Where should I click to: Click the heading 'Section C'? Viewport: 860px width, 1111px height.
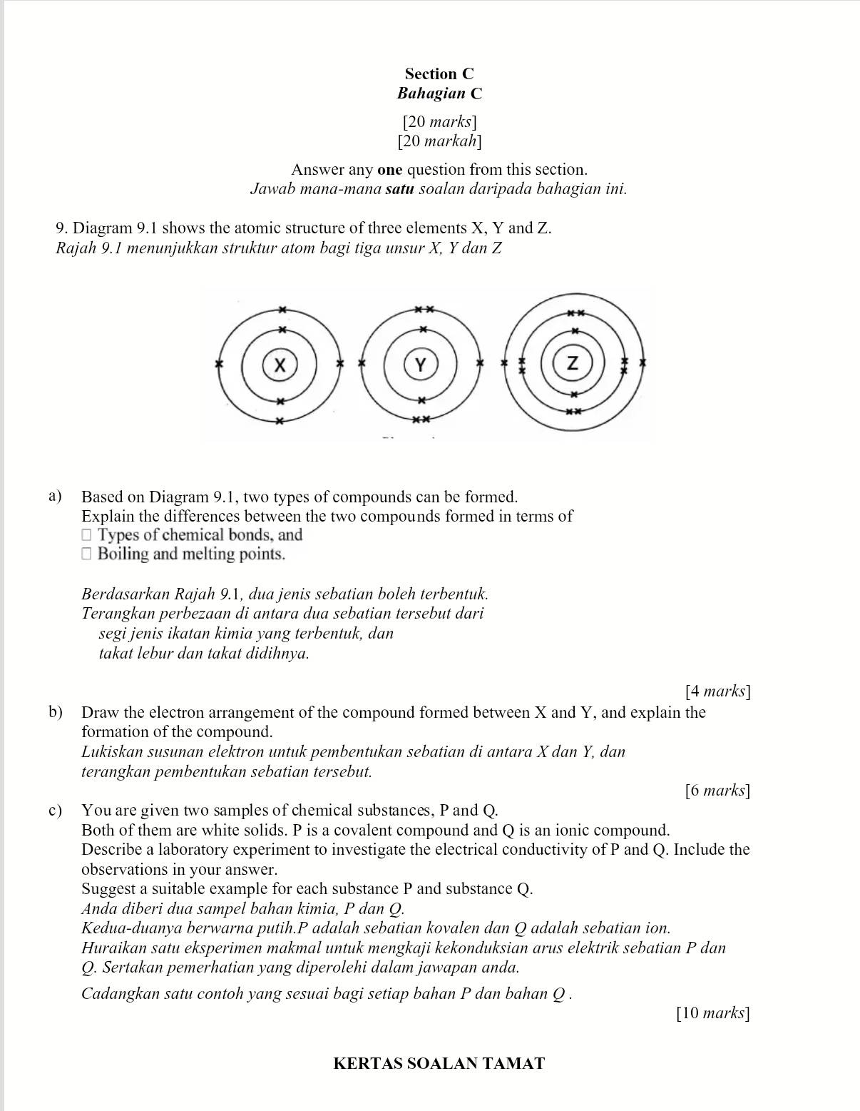tap(439, 73)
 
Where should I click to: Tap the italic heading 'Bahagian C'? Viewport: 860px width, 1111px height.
tap(439, 93)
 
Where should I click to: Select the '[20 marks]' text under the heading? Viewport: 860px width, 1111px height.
tap(439, 122)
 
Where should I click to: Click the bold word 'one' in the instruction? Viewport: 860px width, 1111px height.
tap(389, 170)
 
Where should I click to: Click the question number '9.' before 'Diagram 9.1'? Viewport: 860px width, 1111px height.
tap(61, 228)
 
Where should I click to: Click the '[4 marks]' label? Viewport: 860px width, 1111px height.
tap(717, 691)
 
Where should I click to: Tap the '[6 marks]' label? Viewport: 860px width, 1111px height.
tap(717, 790)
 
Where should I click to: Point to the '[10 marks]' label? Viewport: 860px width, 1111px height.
tap(712, 1013)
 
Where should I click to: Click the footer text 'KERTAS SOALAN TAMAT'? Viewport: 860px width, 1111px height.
tap(439, 1064)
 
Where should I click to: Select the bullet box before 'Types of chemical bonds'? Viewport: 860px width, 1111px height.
tap(87, 535)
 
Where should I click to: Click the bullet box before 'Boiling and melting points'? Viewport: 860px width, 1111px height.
tap(87, 554)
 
